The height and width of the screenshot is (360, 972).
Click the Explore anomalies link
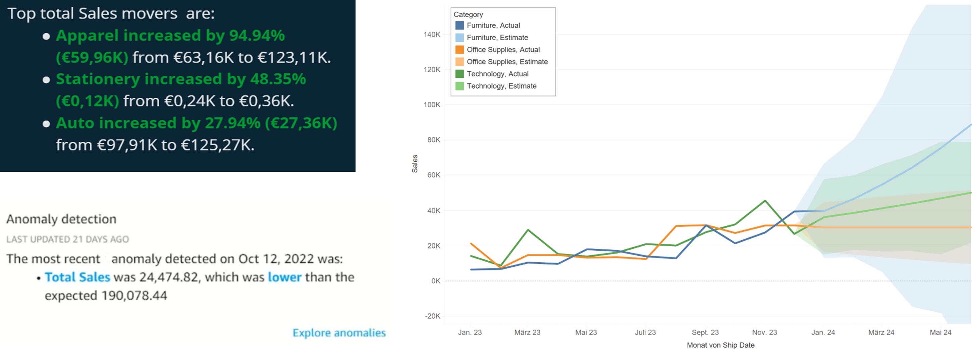click(x=339, y=332)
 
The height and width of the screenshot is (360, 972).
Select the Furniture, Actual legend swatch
click(x=459, y=25)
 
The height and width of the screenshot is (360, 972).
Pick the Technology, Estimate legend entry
click(x=501, y=86)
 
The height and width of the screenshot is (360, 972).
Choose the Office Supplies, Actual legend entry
click(x=503, y=50)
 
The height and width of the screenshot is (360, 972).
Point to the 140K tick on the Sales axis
click(x=432, y=35)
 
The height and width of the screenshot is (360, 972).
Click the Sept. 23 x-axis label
click(x=705, y=332)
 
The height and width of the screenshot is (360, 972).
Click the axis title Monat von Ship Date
click(x=720, y=345)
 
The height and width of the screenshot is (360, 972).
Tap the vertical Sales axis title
click(x=415, y=164)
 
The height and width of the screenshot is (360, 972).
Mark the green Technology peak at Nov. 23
click(x=765, y=201)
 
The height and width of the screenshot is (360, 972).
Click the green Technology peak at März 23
click(x=528, y=230)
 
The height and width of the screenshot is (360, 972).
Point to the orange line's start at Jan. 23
click(x=471, y=244)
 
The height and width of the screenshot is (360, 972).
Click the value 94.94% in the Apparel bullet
click(x=257, y=36)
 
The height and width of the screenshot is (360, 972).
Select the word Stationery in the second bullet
click(x=98, y=79)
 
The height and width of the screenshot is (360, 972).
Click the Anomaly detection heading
click(x=61, y=219)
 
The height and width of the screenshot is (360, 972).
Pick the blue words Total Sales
click(x=77, y=277)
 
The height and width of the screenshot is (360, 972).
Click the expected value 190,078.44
click(x=134, y=296)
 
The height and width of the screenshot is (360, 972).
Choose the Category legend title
click(x=468, y=14)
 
